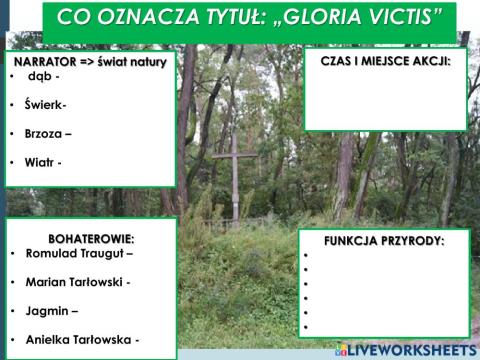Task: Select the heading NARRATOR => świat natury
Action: coord(90,61)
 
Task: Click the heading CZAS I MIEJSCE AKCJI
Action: coord(385,61)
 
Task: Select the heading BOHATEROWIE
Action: coord(91,238)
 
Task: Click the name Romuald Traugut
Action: coord(78,254)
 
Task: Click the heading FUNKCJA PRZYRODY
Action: coord(384,241)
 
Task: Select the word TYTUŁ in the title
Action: coord(211,17)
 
